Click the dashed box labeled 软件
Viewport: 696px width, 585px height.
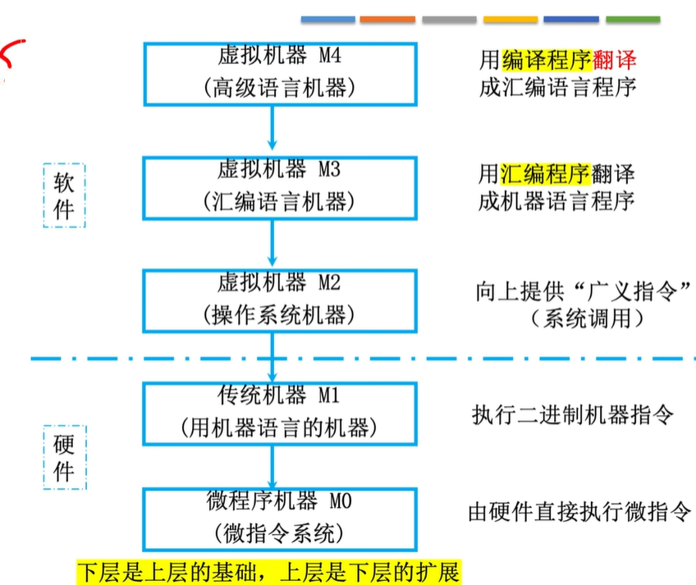pos(64,195)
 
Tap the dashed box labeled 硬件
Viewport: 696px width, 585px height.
pos(64,456)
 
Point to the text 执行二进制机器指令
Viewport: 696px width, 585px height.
pos(573,414)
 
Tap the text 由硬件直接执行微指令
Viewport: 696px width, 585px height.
pos(579,512)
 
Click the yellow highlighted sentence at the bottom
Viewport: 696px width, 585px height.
pos(268,570)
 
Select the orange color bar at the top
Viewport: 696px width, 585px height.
pos(387,19)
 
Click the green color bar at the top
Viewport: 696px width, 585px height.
pos(633,19)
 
